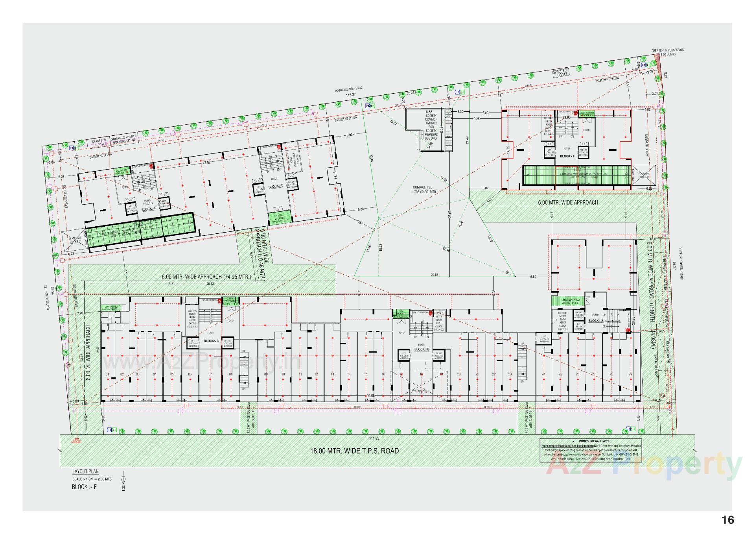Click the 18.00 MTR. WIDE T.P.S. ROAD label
click(354, 451)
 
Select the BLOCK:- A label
click(596, 321)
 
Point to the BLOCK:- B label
click(422, 349)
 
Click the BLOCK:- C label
click(211, 341)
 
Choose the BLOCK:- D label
click(149, 209)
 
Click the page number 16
click(728, 520)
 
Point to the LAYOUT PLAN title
click(85, 471)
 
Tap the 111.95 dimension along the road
click(374, 438)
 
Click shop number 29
click(630, 374)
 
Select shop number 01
click(107, 374)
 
